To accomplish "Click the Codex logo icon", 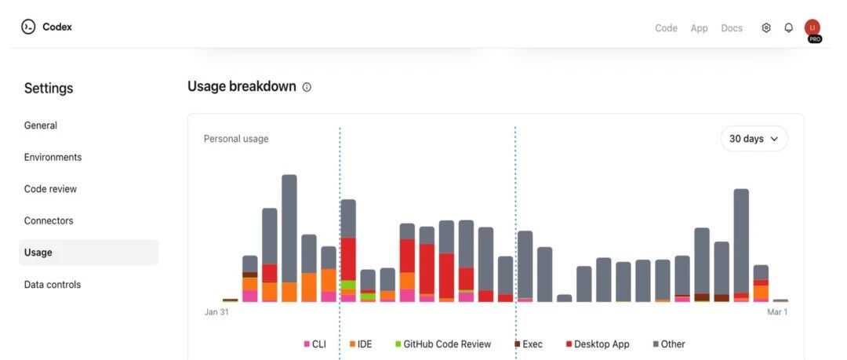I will click(28, 27).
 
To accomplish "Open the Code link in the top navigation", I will click(666, 28).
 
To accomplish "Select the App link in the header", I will click(699, 28).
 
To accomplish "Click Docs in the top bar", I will click(732, 28).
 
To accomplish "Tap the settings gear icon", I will click(766, 27).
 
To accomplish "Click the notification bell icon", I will click(789, 27).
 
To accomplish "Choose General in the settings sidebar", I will click(41, 125).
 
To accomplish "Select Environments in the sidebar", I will click(53, 157).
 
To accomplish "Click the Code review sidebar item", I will click(50, 189).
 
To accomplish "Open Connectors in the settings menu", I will click(49, 220).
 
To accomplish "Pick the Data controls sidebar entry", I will click(53, 285).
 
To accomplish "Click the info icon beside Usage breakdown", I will click(307, 87).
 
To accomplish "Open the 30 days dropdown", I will click(754, 139).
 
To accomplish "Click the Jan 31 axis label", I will click(216, 312).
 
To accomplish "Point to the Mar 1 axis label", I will click(777, 312).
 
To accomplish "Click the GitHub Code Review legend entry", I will click(443, 344).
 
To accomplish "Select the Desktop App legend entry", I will click(598, 344).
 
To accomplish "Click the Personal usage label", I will click(236, 139).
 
